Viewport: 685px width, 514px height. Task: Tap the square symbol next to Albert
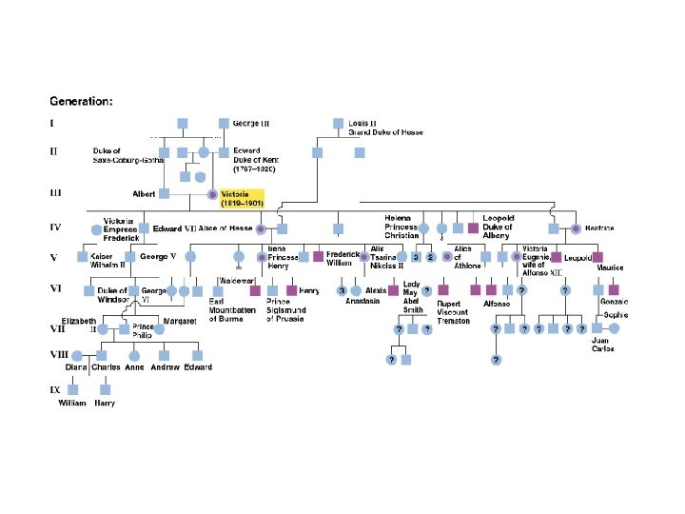tap(164, 193)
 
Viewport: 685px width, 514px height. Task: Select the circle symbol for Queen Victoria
tap(212, 193)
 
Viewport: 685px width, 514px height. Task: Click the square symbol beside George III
tap(224, 123)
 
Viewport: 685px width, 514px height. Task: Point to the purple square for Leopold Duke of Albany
tap(473, 228)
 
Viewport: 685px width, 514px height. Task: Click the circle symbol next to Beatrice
tap(576, 228)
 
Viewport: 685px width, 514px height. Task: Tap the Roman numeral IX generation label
tap(55, 388)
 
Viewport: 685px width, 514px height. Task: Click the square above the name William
tap(72, 389)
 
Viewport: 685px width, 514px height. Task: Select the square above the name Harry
tap(105, 389)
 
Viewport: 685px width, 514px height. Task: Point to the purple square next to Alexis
tap(393, 290)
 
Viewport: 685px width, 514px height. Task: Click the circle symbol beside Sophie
tap(615, 328)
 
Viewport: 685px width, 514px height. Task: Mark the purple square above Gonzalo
tap(614, 289)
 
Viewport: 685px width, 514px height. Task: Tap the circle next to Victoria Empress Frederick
tap(95, 228)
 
